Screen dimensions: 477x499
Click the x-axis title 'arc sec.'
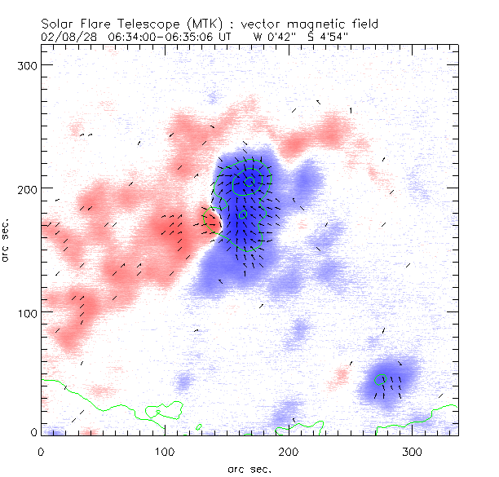[249, 469]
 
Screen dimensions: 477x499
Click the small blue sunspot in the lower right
[389, 382]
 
